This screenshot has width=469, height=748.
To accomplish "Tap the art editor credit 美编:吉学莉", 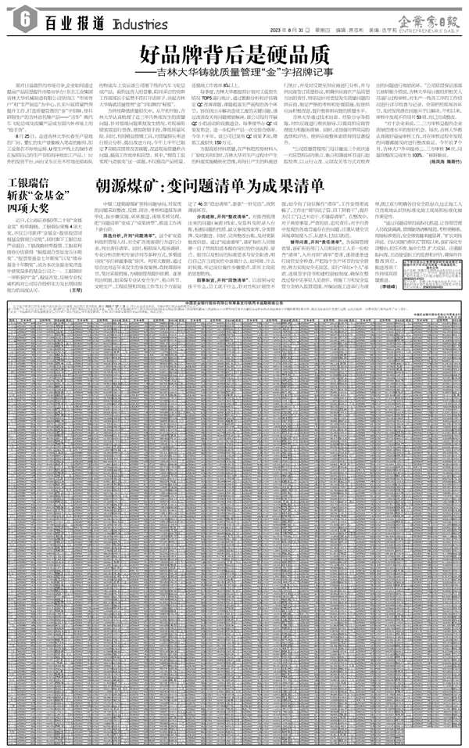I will point(381,30).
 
